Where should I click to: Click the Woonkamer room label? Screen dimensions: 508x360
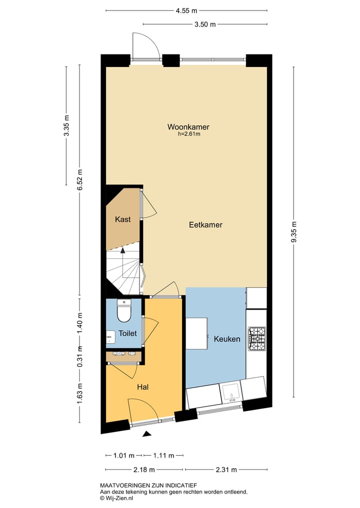point(188,127)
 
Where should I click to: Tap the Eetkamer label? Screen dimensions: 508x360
point(205,225)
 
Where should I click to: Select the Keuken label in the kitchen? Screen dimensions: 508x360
point(227,339)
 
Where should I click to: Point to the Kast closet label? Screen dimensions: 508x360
point(123,219)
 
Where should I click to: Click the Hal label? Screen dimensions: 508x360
point(143,387)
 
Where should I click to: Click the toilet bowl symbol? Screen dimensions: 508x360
point(123,312)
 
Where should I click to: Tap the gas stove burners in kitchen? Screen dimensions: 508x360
point(257,338)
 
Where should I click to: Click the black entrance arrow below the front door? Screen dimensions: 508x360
point(146,434)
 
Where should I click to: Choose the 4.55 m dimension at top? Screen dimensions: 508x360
point(186,10)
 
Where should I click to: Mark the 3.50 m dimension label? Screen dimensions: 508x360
point(204,24)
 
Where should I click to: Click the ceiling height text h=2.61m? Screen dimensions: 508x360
point(189,134)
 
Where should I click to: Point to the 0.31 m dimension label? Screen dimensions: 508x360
point(80,356)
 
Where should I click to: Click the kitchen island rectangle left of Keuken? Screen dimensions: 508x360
point(197,334)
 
